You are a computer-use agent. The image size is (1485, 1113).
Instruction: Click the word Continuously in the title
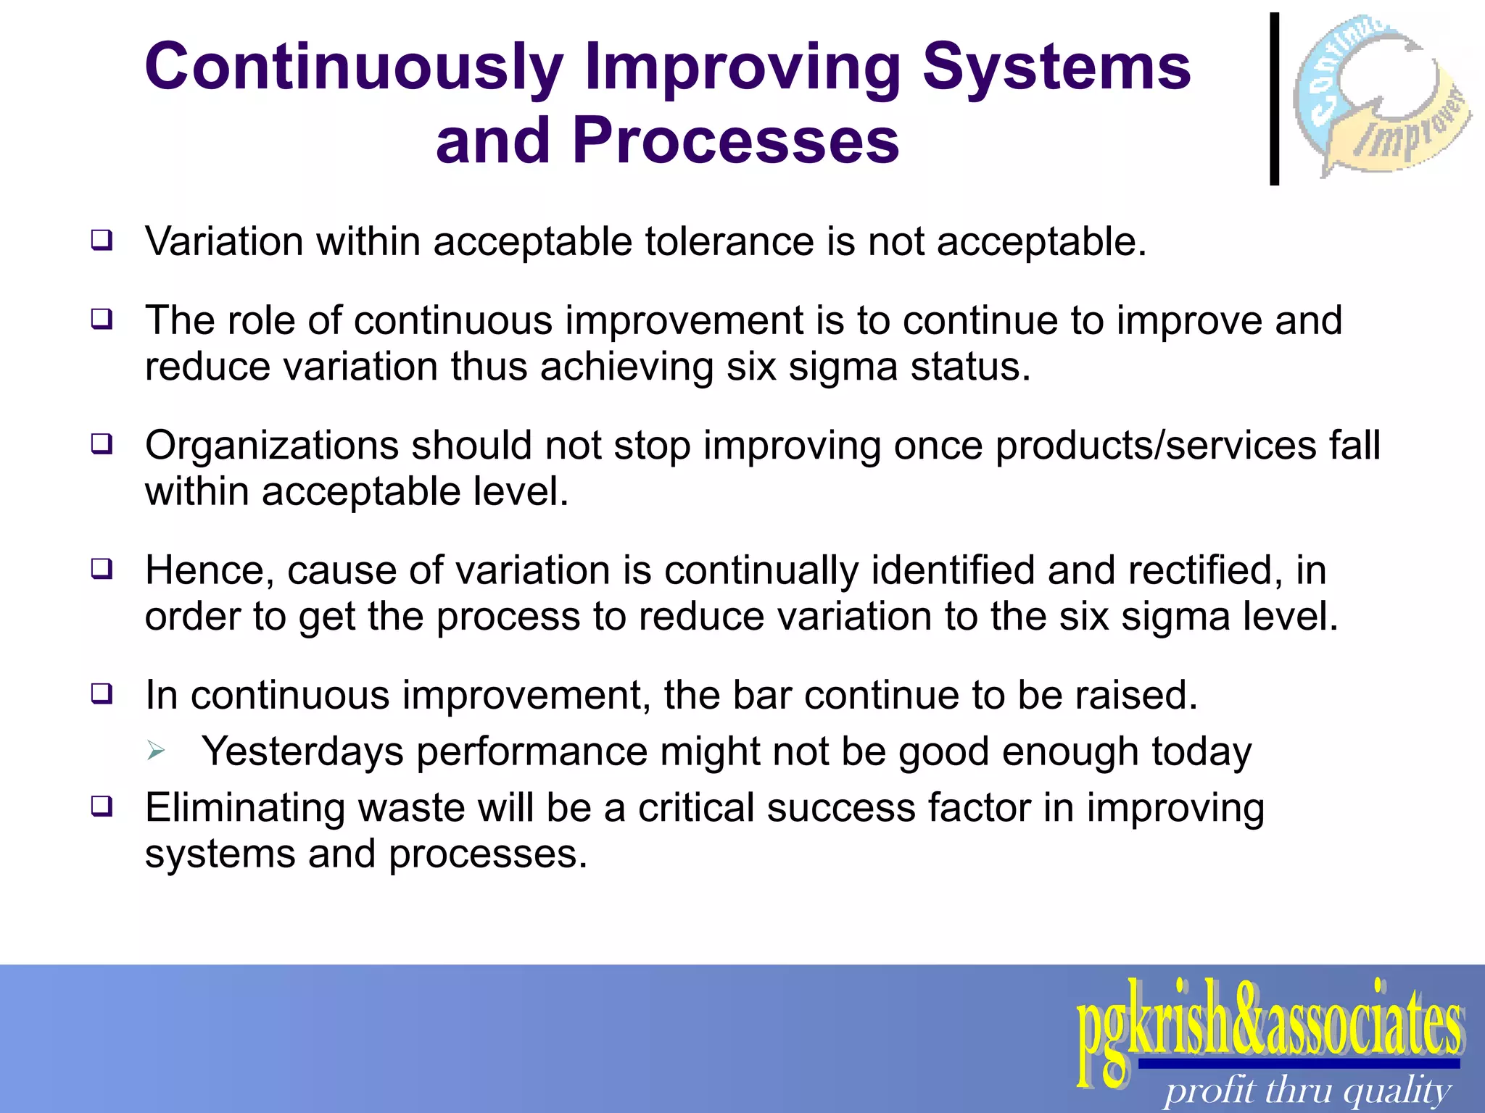[x=354, y=67]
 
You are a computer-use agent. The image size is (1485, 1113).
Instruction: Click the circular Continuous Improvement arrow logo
[x=1381, y=94]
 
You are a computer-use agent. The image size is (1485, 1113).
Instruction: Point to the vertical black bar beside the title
[x=1274, y=99]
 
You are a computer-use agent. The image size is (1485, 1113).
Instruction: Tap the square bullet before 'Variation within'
[x=102, y=240]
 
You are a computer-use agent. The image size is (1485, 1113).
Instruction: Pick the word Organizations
[x=271, y=446]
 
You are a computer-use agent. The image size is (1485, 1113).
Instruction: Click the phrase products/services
[x=1155, y=446]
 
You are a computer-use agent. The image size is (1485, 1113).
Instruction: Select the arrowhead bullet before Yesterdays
[x=156, y=751]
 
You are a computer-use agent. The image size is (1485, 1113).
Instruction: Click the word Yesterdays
[x=302, y=752]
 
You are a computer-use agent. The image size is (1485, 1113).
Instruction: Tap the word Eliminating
[x=244, y=808]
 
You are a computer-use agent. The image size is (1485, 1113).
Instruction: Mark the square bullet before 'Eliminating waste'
[x=102, y=806]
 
